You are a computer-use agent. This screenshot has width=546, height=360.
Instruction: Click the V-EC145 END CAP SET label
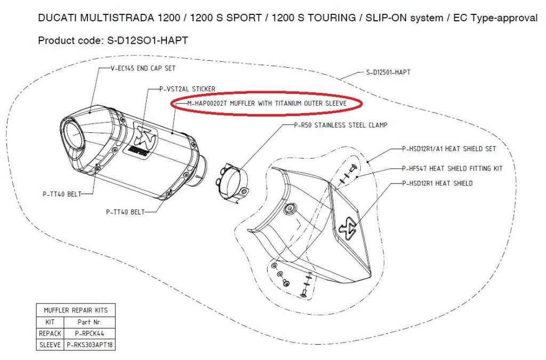click(142, 69)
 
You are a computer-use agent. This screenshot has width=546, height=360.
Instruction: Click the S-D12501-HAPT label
click(388, 72)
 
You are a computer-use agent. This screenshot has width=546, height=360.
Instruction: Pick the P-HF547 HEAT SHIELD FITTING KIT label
click(452, 169)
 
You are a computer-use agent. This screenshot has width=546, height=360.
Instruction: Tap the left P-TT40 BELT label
click(61, 194)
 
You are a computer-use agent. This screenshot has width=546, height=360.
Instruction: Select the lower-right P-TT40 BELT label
click(125, 212)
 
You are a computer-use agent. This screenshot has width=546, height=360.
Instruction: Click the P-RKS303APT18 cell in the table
click(89, 345)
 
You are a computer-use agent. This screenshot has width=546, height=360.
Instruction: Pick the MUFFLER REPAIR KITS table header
click(75, 310)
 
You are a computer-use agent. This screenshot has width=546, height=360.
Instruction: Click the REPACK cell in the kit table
click(50, 333)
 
